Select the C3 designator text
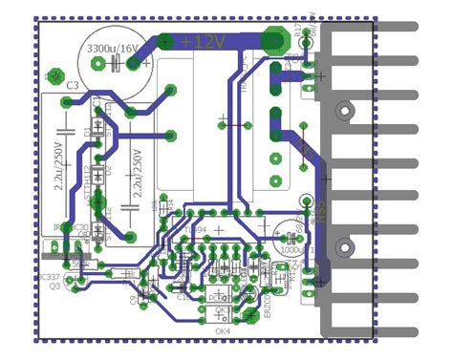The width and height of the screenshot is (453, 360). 72,86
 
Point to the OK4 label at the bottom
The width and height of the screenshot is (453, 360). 224,331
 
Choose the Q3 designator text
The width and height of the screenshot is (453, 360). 54,286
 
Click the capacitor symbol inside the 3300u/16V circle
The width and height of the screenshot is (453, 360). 115,64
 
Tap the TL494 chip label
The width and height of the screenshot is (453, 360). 197,230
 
